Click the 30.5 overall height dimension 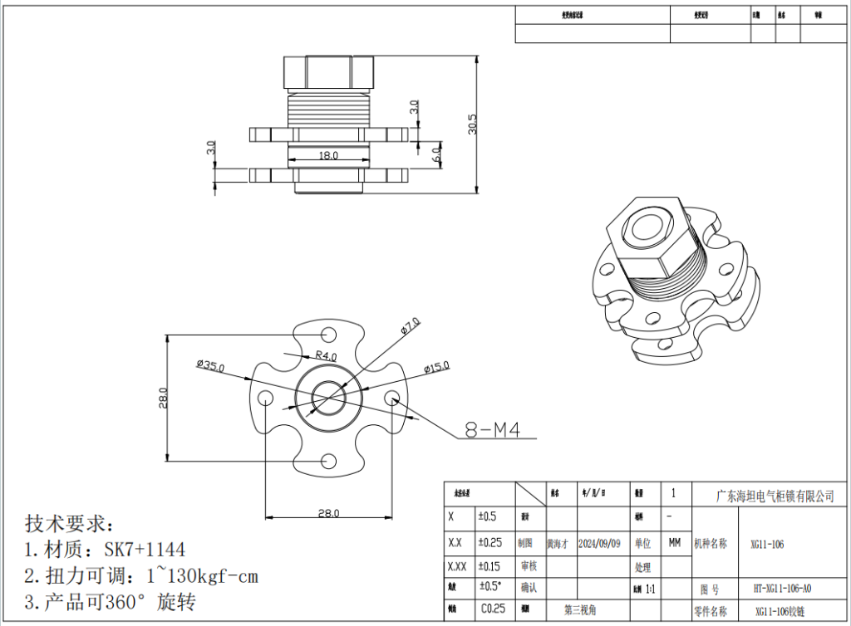473,125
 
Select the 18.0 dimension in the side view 328,155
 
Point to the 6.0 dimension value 435,154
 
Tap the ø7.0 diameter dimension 411,325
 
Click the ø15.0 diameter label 435,366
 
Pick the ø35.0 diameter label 210,364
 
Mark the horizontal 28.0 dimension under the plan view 328,513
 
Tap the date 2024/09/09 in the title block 598,543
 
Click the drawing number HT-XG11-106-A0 782,589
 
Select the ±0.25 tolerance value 491,543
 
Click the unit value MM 674,543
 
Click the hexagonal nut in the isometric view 647,237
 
